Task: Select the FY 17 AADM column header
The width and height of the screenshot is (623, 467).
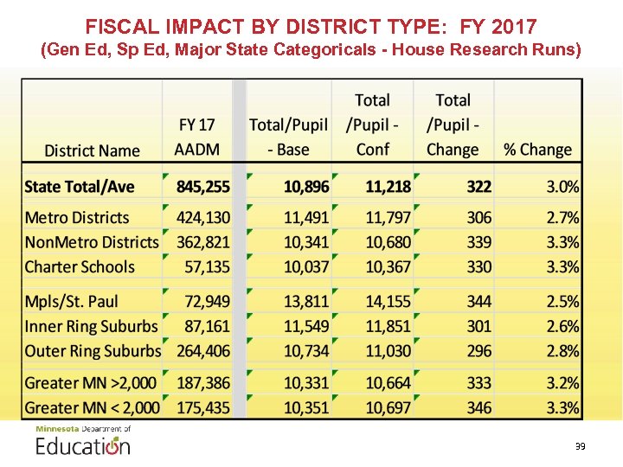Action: point(197,137)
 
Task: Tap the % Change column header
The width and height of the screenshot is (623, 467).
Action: point(537,150)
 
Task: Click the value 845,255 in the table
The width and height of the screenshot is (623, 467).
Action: point(203,187)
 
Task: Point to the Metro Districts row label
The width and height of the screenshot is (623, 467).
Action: point(77,218)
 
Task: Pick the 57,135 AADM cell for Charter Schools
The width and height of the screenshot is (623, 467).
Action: point(208,267)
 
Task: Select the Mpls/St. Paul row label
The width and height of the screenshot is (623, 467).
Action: point(72,302)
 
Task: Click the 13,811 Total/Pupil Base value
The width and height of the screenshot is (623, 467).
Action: point(307,302)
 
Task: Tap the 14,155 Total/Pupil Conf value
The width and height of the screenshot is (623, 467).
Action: point(388,302)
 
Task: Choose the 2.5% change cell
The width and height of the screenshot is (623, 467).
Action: point(562,302)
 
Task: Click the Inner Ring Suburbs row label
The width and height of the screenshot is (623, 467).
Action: point(92,326)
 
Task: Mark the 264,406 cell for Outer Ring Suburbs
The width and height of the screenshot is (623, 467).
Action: point(203,351)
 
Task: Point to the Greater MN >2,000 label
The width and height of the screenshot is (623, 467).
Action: point(93,382)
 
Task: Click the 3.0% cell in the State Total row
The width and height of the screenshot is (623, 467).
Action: point(562,187)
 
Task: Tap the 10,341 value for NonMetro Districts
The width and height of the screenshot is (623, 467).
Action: point(307,242)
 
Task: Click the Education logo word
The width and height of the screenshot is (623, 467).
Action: point(83,446)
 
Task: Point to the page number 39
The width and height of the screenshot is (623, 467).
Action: point(580,446)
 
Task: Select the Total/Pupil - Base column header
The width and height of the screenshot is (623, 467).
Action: point(288,137)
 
